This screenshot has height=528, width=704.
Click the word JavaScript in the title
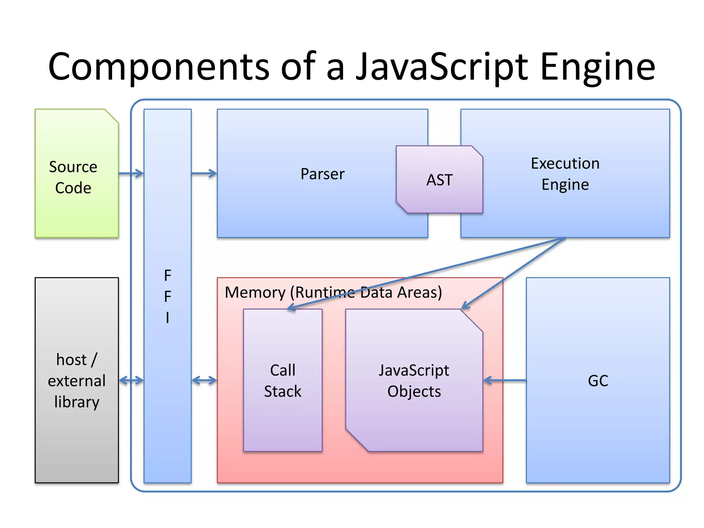click(441, 67)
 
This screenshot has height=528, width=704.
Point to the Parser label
click(322, 174)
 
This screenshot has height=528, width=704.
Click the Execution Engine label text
click(565, 174)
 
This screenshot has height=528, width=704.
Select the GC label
click(598, 381)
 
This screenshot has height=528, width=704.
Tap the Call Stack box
click(283, 412)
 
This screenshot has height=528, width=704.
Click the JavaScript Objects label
click(414, 381)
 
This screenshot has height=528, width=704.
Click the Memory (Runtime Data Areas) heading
click(333, 293)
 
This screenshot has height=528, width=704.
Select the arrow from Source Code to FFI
click(131, 174)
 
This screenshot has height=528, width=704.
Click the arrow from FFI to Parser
click(204, 174)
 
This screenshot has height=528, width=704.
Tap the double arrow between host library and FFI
click(131, 381)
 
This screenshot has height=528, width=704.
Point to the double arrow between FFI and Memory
click(204, 381)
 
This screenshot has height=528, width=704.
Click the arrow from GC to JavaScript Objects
click(504, 381)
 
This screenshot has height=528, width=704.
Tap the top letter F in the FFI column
click(167, 276)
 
